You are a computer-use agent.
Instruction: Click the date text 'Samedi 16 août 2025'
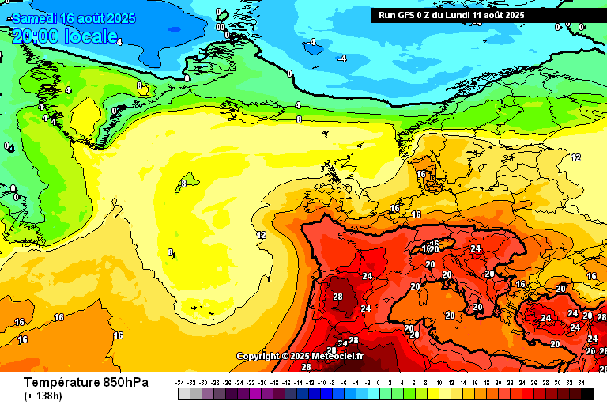(74, 18)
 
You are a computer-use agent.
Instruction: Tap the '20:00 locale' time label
(65, 36)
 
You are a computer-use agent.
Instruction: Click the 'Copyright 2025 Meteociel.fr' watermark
(300, 356)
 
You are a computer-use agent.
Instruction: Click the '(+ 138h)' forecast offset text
(44, 396)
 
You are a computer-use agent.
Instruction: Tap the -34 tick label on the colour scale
(182, 383)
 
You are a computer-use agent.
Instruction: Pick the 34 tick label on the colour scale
(582, 383)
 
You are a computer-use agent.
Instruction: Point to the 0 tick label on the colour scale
(379, 383)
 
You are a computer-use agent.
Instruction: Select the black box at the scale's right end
(586, 393)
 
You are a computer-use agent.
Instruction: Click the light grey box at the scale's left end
(183, 393)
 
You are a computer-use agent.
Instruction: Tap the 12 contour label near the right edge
(575, 157)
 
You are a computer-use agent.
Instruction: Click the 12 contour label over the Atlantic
(261, 235)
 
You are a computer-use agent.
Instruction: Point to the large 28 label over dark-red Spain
(337, 297)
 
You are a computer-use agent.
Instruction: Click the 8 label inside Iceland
(183, 184)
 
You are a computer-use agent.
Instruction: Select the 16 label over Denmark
(421, 174)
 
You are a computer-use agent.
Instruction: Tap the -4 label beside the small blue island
(341, 59)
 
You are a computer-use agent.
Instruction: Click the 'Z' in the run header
(427, 15)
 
